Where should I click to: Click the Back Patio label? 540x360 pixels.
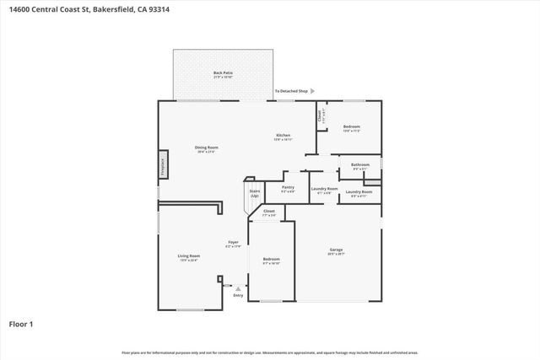tap(224, 73)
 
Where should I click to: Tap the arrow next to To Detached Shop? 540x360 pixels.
tap(313, 90)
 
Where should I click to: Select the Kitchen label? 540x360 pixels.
tap(283, 136)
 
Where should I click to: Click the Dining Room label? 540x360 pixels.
tap(207, 148)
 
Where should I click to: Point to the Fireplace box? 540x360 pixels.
tap(163, 167)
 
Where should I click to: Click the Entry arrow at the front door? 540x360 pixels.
tap(237, 288)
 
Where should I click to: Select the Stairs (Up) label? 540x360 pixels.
tap(254, 193)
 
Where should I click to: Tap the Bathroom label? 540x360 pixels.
tap(360, 164)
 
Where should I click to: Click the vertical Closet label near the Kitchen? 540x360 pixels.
tap(321, 116)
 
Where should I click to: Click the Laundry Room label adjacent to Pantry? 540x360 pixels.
tap(323, 188)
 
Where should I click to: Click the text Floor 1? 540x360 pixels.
tap(20, 323)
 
